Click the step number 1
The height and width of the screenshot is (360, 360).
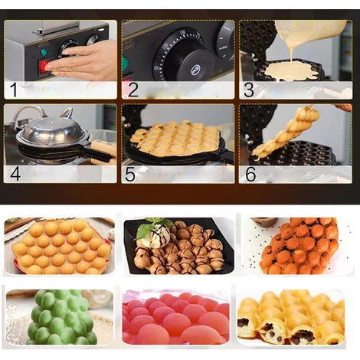point(13,90)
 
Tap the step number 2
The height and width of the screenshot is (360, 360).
point(133,90)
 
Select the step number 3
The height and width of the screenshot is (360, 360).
point(248,90)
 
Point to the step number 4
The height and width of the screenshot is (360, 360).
point(15,172)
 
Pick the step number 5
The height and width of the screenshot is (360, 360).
point(131,172)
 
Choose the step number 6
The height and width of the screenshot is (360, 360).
point(250,172)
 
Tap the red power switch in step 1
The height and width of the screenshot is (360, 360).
point(44,66)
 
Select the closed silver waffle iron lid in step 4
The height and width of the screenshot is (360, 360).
point(50,132)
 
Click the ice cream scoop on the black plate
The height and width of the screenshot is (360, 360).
point(155,234)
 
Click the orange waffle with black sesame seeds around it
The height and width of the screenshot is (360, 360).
point(298,245)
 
